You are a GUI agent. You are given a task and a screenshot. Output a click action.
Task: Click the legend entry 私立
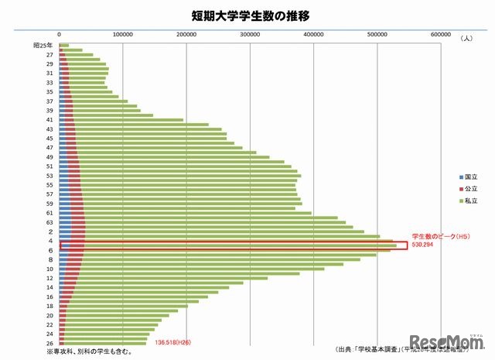pos(459,202)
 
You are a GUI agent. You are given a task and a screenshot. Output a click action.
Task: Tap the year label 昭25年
pos(43,46)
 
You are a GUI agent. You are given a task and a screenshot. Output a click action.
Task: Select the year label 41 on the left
pos(49,120)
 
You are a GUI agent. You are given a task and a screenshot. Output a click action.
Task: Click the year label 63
pos(49,222)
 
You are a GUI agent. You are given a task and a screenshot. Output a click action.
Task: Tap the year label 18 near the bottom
pos(49,306)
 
